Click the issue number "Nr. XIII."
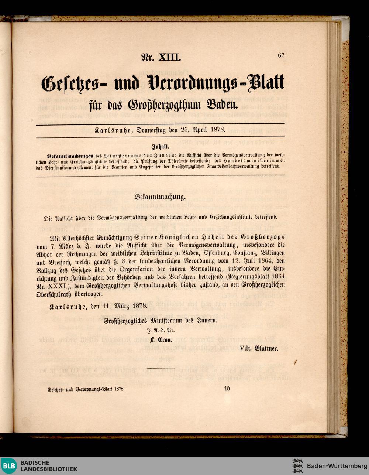pos(161,57)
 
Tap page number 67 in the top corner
pos(281,55)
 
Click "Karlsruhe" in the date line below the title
pos(114,130)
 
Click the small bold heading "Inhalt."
pos(161,146)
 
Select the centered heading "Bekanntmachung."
pos(160,197)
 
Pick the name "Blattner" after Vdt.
pos(265,348)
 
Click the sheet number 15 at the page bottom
pos(227,388)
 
